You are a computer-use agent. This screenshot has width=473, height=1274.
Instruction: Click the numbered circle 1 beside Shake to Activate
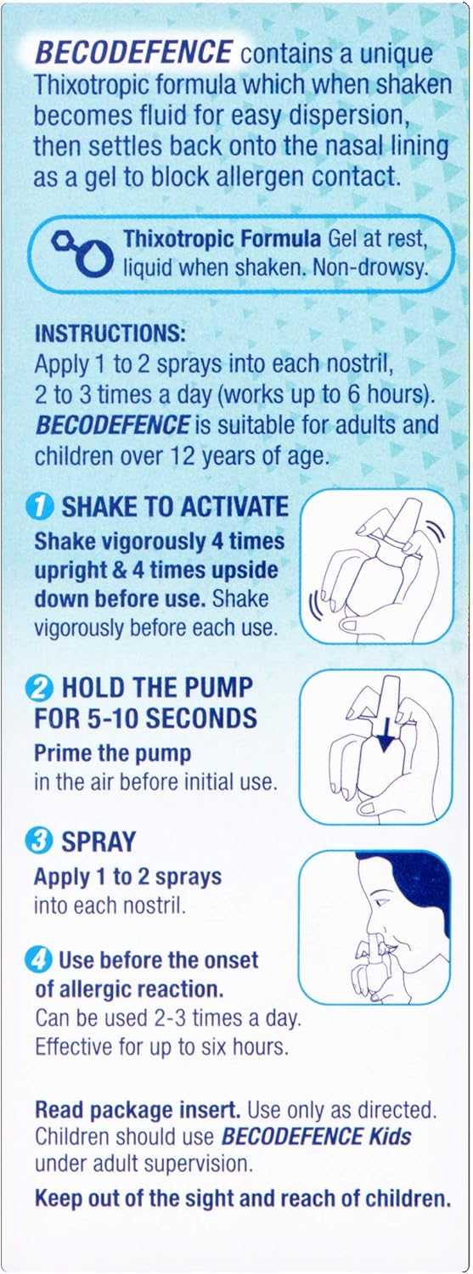point(40,507)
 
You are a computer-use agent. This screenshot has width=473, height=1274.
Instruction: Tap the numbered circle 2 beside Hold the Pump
point(39,688)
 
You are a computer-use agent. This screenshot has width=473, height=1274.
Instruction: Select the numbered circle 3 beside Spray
point(39,841)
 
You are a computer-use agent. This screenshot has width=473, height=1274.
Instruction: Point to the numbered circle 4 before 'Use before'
point(39,960)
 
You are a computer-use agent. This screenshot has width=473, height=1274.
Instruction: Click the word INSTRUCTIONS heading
point(110,333)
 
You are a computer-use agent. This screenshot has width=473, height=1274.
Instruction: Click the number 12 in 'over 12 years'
point(181,455)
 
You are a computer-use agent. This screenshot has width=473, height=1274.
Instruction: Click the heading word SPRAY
point(99,842)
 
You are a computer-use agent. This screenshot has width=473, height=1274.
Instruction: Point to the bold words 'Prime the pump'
point(113,753)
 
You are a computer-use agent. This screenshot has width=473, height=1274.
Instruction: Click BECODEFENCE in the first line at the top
point(133,53)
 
